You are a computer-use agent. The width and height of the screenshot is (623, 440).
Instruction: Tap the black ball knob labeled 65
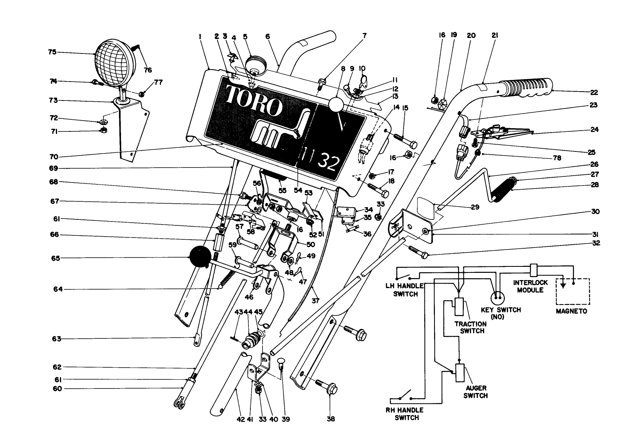200,256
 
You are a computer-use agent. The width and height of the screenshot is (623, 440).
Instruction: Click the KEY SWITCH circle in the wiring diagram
498,297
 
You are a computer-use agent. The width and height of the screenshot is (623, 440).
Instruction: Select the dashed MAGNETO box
573,291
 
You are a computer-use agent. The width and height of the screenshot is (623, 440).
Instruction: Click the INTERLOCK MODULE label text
528,286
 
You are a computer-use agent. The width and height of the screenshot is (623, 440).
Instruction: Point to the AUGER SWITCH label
476,392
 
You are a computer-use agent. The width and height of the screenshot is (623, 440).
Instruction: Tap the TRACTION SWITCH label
469,327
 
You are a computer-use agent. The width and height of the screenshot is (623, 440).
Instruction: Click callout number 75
52,52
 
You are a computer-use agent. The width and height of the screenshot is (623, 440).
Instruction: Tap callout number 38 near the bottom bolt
330,419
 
